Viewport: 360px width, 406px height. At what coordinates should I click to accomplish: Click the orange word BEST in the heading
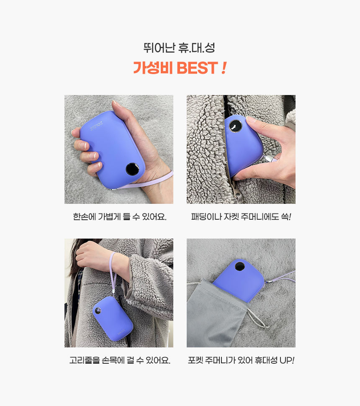(x=197, y=68)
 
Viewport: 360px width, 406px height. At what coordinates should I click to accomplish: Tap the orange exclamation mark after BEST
(x=224, y=68)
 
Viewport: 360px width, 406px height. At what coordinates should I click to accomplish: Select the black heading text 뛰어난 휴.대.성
(x=179, y=48)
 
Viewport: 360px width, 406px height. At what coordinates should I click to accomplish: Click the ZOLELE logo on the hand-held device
(x=96, y=126)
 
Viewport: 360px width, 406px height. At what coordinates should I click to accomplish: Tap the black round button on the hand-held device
(x=132, y=169)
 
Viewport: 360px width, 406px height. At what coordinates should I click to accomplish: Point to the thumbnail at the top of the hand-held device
(x=116, y=103)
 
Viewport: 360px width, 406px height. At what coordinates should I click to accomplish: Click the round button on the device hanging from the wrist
(x=98, y=311)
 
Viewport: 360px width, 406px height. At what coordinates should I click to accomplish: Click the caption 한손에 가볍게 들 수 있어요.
(x=120, y=216)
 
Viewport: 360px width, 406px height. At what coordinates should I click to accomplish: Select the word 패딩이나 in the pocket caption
(x=207, y=216)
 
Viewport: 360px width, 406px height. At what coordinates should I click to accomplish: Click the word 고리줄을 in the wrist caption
(x=85, y=360)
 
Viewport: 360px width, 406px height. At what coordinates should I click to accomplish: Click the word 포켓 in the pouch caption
(x=195, y=360)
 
